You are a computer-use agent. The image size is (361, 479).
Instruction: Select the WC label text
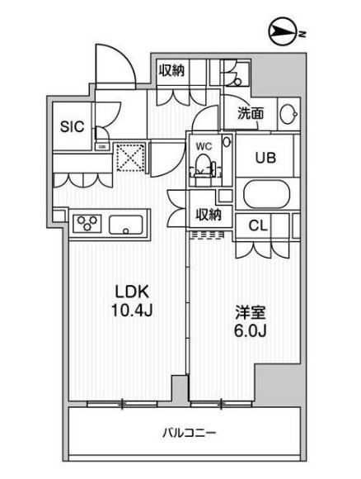[x=202, y=147]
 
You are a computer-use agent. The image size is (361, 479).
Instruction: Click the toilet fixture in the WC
[x=204, y=168]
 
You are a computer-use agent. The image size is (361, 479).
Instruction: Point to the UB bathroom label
[x=264, y=157]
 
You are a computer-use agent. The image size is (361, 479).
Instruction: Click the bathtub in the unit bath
[x=266, y=197]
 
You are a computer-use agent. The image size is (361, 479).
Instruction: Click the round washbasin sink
[x=287, y=116]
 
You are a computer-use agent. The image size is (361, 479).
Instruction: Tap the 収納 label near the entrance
[x=171, y=71]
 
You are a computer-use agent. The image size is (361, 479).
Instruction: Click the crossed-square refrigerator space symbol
[x=129, y=156]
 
